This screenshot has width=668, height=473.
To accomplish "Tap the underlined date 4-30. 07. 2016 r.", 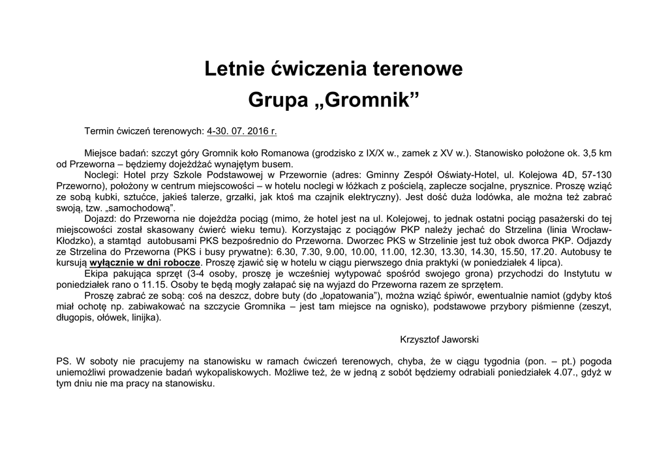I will tap(241, 131).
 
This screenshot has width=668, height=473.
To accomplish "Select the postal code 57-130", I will tap(596, 175).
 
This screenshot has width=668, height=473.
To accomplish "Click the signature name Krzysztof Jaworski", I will tap(440, 339).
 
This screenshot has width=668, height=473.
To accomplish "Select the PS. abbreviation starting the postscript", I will tap(63, 360).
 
